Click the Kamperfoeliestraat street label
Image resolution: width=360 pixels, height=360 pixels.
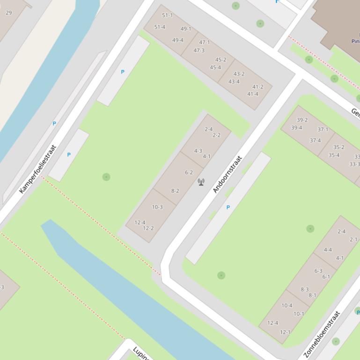pyautogui.click(x=38, y=169)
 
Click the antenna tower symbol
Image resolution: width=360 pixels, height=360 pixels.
pyautogui.click(x=201, y=182)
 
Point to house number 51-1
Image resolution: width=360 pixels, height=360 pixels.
pyautogui.click(x=167, y=15)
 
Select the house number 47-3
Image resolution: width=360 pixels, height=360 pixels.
pyautogui.click(x=199, y=50)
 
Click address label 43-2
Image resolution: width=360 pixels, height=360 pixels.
pyautogui.click(x=239, y=74)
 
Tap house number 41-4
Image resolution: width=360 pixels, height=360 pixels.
pyautogui.click(x=253, y=94)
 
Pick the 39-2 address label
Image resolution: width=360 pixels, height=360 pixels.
pyautogui.click(x=302, y=120)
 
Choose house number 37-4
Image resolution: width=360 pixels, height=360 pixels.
pyautogui.click(x=315, y=140)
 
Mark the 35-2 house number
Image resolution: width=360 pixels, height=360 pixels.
pyautogui.click(x=338, y=147)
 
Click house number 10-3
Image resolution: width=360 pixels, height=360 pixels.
pyautogui.click(x=157, y=207)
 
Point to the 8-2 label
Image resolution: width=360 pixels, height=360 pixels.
pyautogui.click(x=175, y=191)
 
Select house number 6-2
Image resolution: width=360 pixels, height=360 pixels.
pyautogui.click(x=189, y=173)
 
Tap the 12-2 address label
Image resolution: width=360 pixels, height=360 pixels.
pyautogui.click(x=148, y=229)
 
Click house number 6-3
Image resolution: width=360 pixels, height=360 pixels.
pyautogui.click(x=318, y=271)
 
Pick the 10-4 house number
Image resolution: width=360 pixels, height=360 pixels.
pyautogui.click(x=287, y=306)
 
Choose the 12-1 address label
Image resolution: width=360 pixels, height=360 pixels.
pyautogui.click(x=285, y=332)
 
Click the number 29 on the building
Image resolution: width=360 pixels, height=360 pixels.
pyautogui.click(x=8, y=13)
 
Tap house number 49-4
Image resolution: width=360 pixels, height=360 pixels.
pyautogui.click(x=178, y=40)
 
